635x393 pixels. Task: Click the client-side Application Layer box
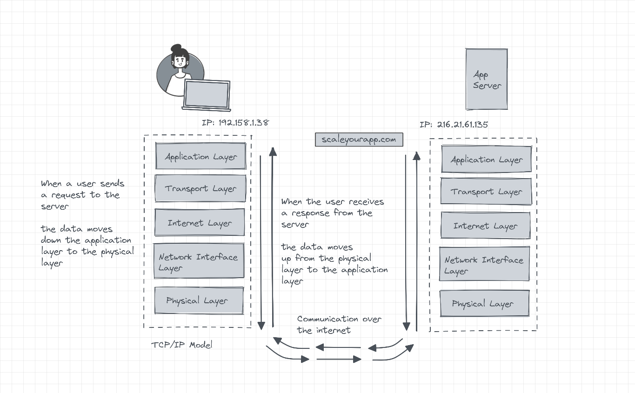click(201, 156)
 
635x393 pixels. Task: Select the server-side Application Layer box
click(486, 160)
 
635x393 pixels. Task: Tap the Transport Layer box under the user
click(200, 188)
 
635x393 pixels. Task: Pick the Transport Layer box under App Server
click(486, 191)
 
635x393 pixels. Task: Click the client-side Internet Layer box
click(200, 223)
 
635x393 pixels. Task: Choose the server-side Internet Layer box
click(485, 226)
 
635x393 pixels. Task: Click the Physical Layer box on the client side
click(199, 300)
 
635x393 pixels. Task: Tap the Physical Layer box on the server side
click(484, 304)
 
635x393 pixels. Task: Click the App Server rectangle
click(487, 80)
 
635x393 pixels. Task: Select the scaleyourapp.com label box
click(359, 140)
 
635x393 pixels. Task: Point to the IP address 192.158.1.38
click(235, 123)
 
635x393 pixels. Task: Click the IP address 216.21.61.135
click(454, 125)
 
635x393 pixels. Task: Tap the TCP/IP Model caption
click(182, 345)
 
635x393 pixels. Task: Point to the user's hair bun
click(176, 48)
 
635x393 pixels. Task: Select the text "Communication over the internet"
click(339, 324)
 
